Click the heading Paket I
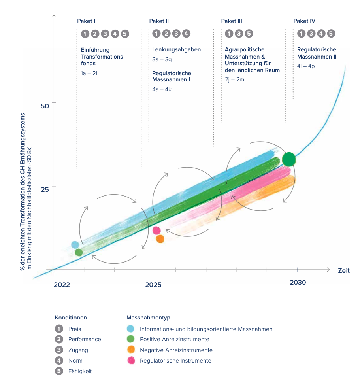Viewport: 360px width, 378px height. [x=88, y=21]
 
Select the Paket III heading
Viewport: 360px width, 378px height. [x=232, y=21]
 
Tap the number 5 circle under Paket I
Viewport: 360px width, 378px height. [x=125, y=34]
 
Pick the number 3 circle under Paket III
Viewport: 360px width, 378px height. [x=239, y=34]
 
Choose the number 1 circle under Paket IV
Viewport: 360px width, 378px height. [x=302, y=34]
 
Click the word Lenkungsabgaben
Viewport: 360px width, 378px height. [x=176, y=50]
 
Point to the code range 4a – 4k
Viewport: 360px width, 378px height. [x=162, y=89]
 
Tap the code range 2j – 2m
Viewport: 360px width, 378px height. [x=234, y=80]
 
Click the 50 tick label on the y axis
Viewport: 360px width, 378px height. [x=44, y=106]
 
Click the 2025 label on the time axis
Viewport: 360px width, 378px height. [x=153, y=285]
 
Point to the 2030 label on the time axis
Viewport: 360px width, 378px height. [x=298, y=282]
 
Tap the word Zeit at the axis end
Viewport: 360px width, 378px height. [x=343, y=271]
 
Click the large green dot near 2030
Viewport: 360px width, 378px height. [x=289, y=159]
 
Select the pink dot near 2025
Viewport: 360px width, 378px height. [x=156, y=231]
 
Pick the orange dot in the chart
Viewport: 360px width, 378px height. [x=160, y=239]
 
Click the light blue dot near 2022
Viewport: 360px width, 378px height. [x=75, y=245]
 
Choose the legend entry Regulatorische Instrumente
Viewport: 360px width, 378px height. [x=175, y=361]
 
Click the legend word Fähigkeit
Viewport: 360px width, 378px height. [x=80, y=371]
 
